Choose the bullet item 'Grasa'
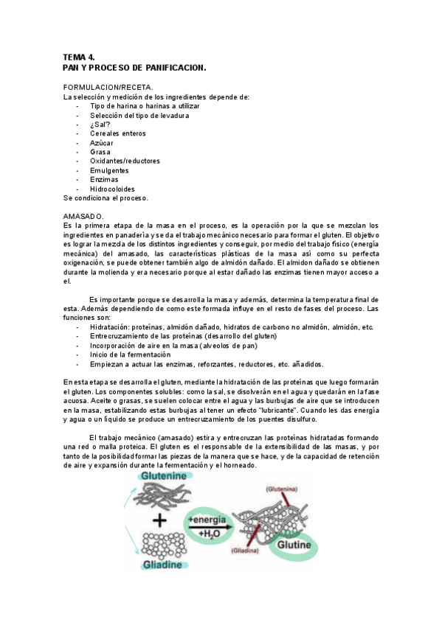point(100,152)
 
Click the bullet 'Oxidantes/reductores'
point(125,161)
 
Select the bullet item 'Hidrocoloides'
point(112,188)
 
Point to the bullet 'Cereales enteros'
point(118,133)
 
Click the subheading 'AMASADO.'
point(84,216)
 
